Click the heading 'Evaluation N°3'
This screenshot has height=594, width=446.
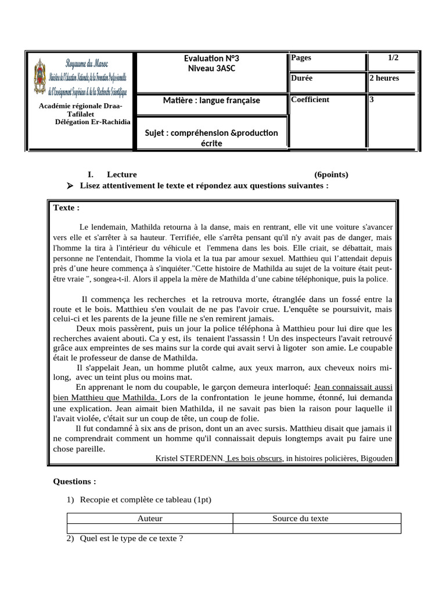211,59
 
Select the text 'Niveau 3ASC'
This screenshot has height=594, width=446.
211,68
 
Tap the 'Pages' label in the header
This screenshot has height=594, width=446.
301,58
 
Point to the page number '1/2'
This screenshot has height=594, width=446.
393,58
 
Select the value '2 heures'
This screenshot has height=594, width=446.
384,78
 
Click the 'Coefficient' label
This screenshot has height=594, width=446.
310,100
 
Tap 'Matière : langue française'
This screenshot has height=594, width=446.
211,101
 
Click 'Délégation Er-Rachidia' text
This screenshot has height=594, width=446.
93,122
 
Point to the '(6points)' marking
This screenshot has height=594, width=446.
332,175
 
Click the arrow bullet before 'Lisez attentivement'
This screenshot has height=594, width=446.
71,186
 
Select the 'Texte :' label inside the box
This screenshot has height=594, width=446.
66,208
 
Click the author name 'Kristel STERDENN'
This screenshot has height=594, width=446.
189,458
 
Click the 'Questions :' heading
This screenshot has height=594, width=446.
74,481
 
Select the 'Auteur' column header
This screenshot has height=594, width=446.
150,519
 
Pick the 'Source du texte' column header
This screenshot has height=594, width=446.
300,519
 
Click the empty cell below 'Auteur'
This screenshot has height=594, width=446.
150,528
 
